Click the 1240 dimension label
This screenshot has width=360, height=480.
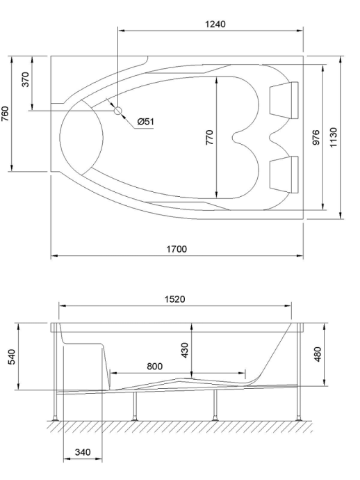tap(216, 24)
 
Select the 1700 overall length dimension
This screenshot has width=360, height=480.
tap(177, 249)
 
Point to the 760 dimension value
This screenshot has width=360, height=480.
tap(6, 113)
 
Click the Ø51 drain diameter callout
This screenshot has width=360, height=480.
tap(145, 122)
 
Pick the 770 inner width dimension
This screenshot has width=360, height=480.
tap(209, 136)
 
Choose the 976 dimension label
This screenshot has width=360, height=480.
tap(316, 136)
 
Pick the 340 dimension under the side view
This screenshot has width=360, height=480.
tap(83, 452)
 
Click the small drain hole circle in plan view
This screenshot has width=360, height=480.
tap(117, 110)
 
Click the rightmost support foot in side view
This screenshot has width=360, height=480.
tap(299, 417)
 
